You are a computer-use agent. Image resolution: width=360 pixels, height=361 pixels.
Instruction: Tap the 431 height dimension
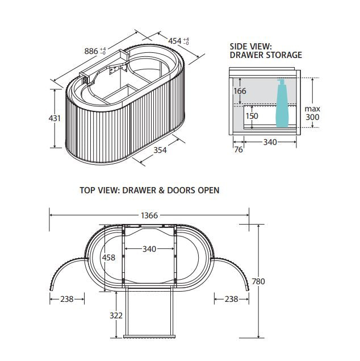click(x=55, y=118)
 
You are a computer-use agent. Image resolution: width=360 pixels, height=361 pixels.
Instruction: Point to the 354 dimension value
click(x=160, y=150)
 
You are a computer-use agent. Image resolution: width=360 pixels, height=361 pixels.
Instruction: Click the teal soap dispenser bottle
click(x=282, y=103)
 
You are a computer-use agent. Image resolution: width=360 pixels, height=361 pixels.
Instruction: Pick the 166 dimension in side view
click(x=240, y=91)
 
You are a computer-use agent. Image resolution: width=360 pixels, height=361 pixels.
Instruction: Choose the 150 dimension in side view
click(x=252, y=116)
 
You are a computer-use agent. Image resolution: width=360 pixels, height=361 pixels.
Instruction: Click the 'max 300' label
click(x=312, y=113)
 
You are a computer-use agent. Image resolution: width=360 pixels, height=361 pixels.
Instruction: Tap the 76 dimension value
click(x=238, y=150)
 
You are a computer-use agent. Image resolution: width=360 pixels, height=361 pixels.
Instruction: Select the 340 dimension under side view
click(x=270, y=142)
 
